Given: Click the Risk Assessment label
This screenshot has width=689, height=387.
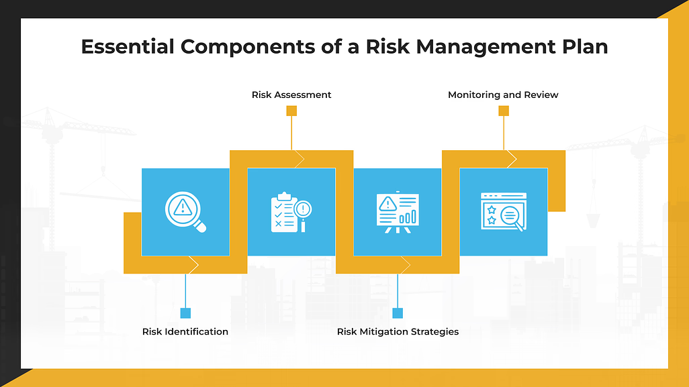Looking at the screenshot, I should click(291, 95).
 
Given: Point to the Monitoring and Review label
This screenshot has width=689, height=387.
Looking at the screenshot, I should click(503, 95).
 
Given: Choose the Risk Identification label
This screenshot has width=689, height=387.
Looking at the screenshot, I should click(185, 331).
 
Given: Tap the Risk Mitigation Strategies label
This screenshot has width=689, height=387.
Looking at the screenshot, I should click(398, 331).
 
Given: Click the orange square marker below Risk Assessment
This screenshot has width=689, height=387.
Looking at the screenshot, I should click(291, 111).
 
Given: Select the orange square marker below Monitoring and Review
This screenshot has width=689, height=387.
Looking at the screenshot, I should click(504, 111).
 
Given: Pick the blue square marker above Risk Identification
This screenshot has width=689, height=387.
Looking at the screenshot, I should click(186, 313).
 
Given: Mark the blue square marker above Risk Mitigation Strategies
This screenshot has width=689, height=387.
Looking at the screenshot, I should click(398, 313).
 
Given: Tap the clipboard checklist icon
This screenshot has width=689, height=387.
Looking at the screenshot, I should click(291, 212).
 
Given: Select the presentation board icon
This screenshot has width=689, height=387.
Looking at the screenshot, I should click(398, 212).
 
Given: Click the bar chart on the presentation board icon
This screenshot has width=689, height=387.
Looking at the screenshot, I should click(408, 217).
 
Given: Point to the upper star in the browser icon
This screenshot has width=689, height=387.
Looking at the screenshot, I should click(492, 209).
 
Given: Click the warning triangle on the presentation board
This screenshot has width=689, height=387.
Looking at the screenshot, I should click(387, 203).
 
